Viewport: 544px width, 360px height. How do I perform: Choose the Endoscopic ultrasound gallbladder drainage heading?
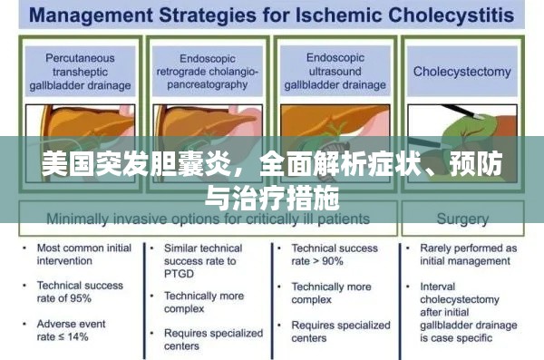click(337, 72)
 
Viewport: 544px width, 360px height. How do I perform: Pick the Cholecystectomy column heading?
click(462, 71)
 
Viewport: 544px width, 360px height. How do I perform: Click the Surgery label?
click(462, 219)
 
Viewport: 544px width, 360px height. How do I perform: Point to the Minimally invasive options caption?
click(208, 219)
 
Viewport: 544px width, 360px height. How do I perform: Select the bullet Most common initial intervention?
click(80, 254)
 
